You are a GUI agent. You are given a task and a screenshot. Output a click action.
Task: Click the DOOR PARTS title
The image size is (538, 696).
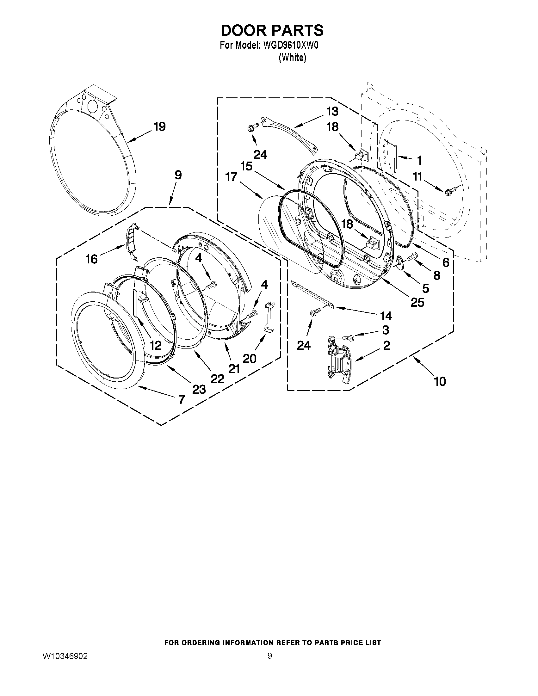272,31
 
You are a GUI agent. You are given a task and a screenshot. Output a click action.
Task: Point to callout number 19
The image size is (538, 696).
160,127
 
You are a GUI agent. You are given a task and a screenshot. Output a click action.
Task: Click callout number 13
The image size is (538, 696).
332,111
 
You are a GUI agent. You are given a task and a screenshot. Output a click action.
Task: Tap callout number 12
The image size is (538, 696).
156,345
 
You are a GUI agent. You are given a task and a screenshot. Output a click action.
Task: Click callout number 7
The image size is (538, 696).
181,399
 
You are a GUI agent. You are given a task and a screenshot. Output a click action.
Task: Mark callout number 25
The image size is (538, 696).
417,302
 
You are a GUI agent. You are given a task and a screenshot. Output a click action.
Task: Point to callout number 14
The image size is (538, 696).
386,316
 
